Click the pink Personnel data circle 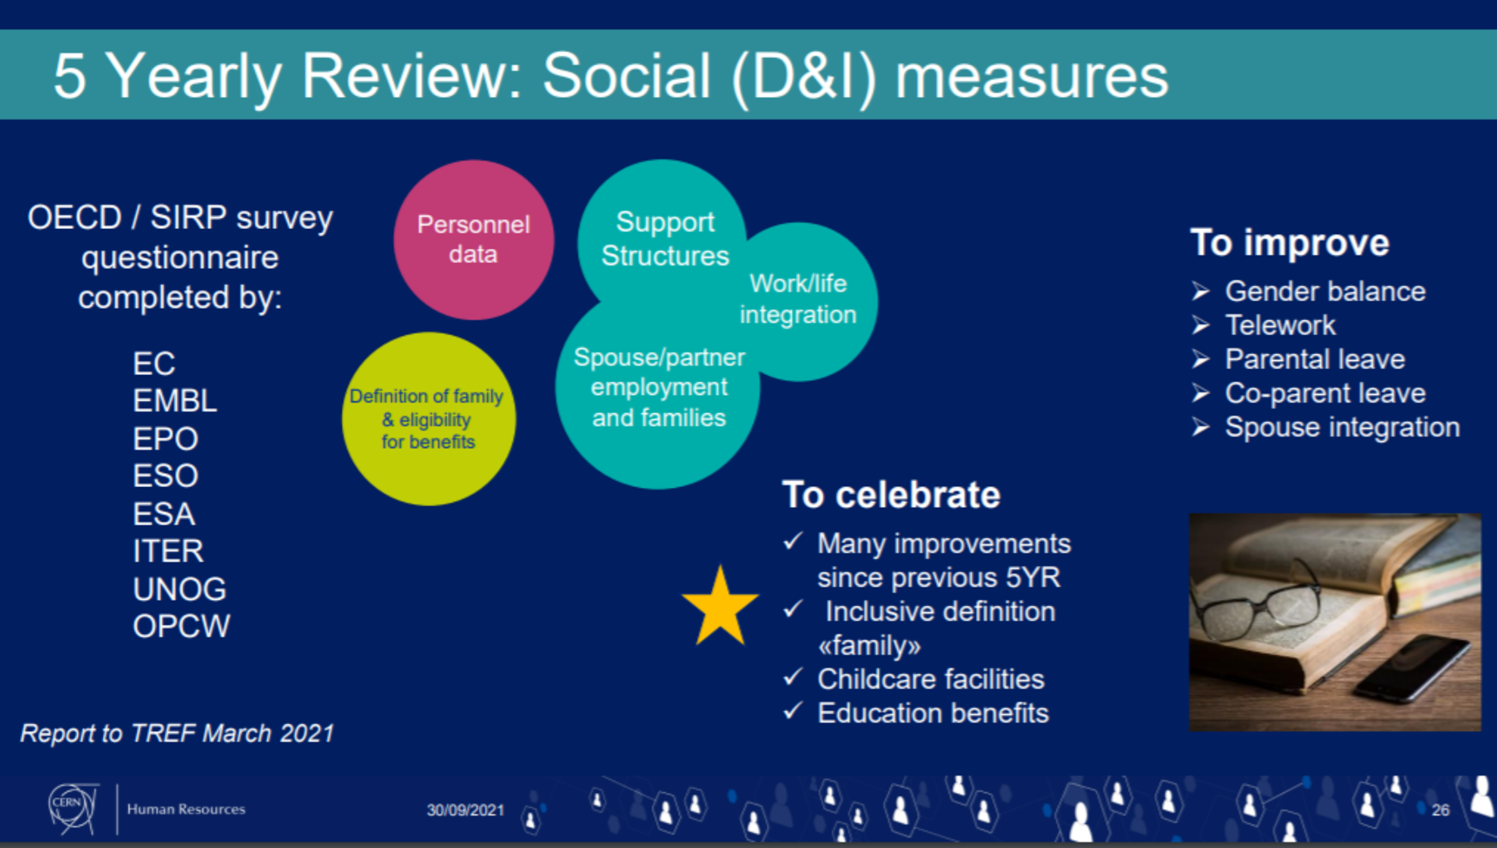(473, 240)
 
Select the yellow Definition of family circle (429, 418)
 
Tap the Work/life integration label (798, 299)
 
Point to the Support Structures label (665, 238)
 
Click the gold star (720, 607)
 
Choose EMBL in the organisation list (175, 401)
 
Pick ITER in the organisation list (168, 551)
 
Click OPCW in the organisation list (181, 626)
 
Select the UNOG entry (179, 589)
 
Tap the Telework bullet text (1280, 325)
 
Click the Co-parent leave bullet (1325, 393)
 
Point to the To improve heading (1289, 242)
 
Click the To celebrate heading (891, 494)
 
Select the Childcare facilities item (931, 679)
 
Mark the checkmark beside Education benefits (793, 710)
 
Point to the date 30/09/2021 (466, 810)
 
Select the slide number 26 (1440, 810)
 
